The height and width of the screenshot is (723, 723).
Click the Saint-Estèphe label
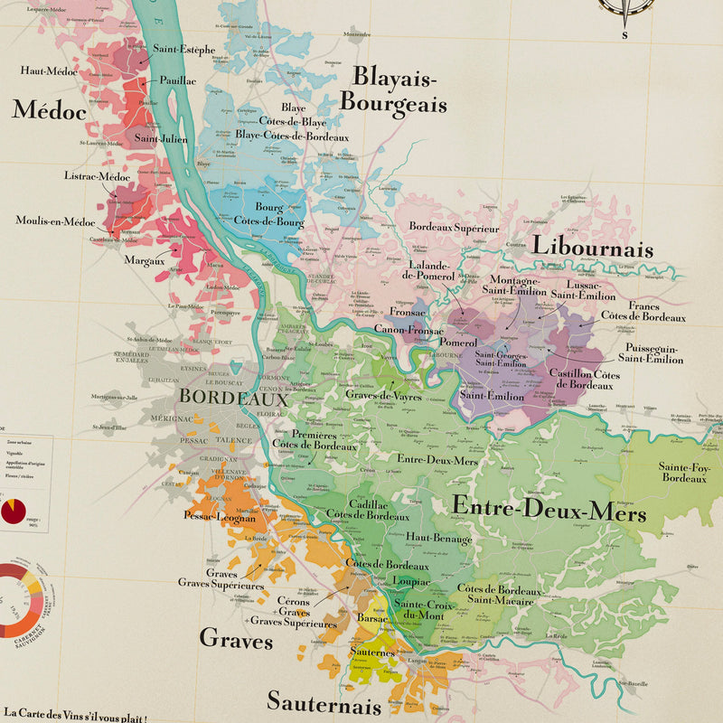click(x=183, y=50)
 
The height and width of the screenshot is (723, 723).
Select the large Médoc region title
click(x=49, y=110)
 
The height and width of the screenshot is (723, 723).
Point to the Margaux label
click(x=145, y=260)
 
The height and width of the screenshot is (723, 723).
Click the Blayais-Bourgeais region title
click(x=393, y=89)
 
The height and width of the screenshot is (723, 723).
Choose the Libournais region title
click(x=592, y=247)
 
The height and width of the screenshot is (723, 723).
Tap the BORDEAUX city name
click(x=233, y=397)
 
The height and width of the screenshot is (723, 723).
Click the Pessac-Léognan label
click(x=220, y=518)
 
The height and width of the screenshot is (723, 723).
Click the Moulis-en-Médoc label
click(x=55, y=221)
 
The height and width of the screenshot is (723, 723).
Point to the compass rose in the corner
click(x=625, y=7)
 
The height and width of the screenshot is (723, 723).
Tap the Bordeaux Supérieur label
click(x=454, y=228)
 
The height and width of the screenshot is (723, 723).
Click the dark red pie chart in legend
click(x=14, y=512)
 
